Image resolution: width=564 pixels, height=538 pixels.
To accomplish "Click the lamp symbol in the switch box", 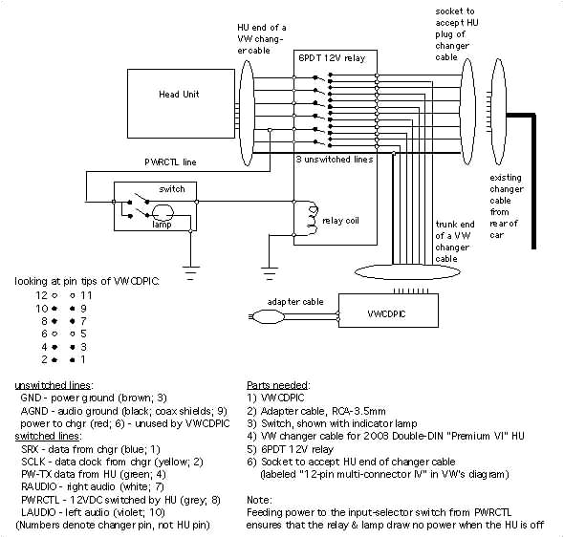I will pyautogui.click(x=163, y=213).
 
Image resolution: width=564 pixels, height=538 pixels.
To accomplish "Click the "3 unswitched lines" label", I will pyautogui.click(x=334, y=159).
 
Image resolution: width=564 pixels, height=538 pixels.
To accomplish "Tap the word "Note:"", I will pyautogui.click(x=260, y=499).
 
